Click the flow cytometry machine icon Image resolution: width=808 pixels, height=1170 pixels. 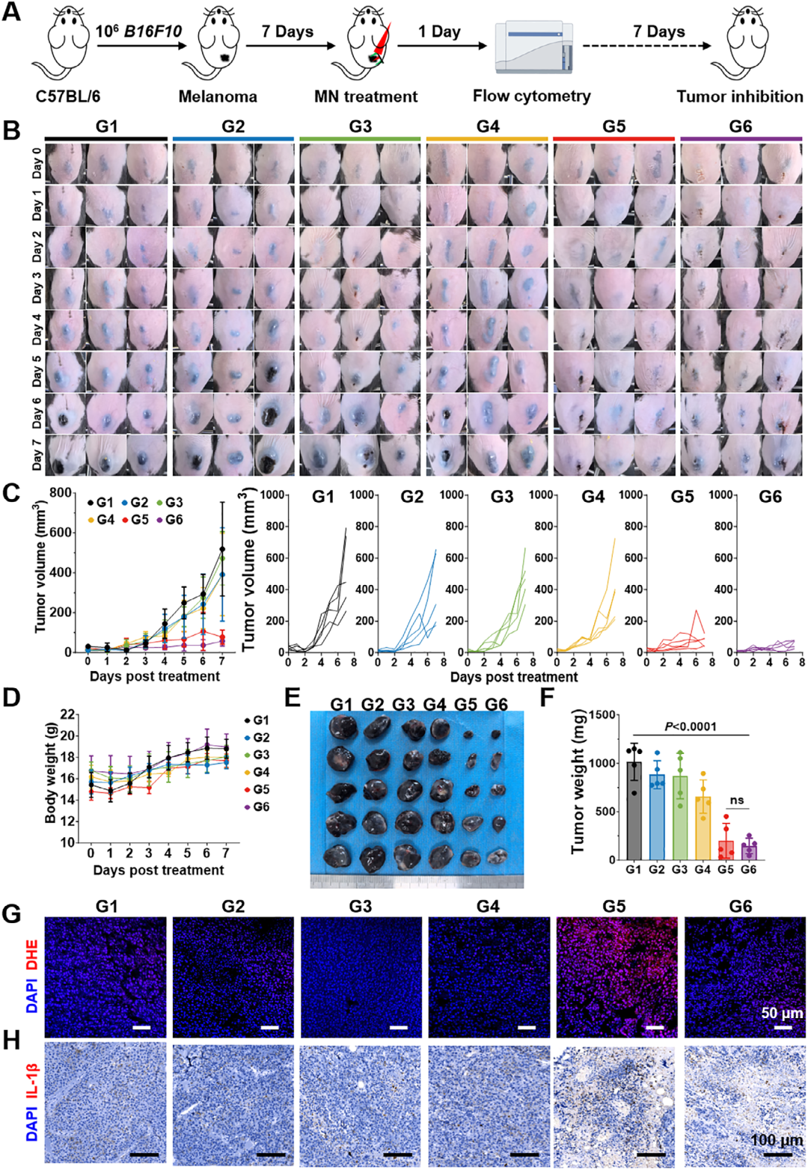tap(533, 47)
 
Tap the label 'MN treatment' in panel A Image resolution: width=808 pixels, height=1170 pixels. tap(366, 97)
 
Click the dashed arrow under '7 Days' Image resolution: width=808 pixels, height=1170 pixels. tap(646, 46)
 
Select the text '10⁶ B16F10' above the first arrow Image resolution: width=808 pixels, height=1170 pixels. tap(139, 31)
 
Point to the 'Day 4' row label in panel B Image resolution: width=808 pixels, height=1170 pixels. tap(36, 330)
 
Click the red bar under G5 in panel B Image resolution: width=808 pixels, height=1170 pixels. tap(613, 139)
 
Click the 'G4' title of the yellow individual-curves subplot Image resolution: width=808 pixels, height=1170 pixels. tap(593, 497)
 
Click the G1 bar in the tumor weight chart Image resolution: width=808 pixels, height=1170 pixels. tap(634, 809)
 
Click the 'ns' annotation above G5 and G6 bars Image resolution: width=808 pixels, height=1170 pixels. tap(737, 800)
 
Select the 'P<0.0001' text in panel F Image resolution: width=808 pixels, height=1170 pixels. tap(691, 726)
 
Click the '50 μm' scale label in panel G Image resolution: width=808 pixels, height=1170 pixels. tap(782, 1013)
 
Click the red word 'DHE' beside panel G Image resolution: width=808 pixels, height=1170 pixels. tap(32, 956)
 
